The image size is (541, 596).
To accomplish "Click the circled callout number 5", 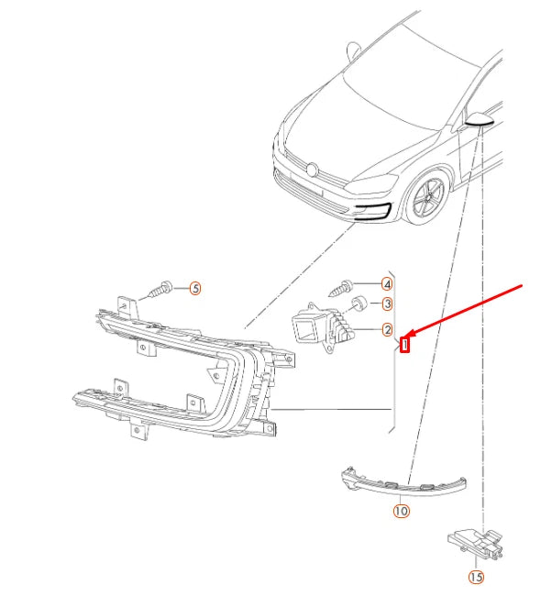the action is click(195, 289).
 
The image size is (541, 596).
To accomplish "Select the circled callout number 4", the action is click(387, 284).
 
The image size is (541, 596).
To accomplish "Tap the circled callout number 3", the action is click(387, 304).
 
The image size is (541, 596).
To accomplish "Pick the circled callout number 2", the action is click(387, 329).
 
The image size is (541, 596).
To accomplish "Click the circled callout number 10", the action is click(401, 511).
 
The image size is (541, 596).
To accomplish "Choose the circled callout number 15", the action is click(476, 577).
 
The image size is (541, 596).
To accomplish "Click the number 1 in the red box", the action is click(405, 345).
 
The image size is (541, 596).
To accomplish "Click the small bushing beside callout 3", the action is click(359, 303).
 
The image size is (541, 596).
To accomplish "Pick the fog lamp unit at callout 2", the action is click(323, 327).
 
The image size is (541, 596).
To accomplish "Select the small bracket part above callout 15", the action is click(476, 544).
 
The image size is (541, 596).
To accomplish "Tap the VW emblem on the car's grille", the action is click(312, 170).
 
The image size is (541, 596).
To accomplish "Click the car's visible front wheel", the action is click(427, 198).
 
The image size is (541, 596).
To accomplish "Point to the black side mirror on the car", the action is click(480, 119).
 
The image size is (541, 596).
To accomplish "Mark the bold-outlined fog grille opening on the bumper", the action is click(372, 213).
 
